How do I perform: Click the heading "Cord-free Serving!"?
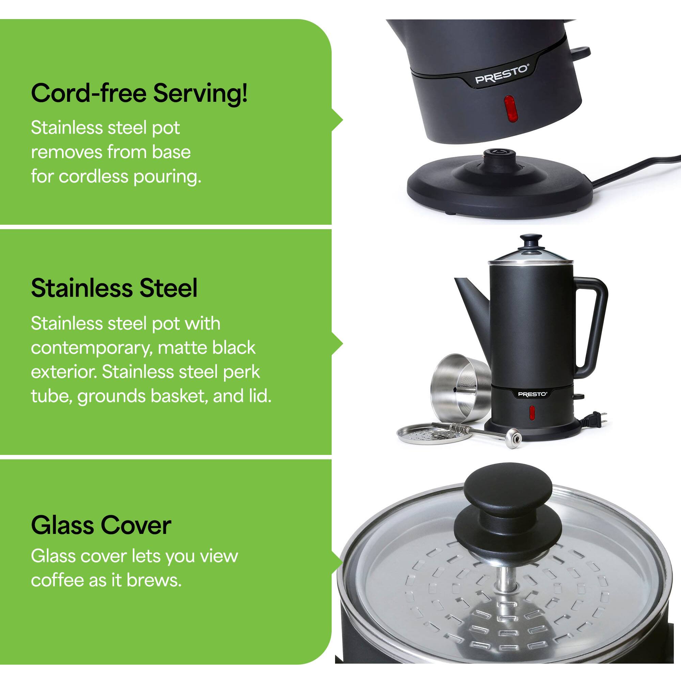[x=139, y=93]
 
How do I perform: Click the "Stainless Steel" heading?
[x=114, y=288]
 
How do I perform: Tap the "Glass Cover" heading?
[x=101, y=525]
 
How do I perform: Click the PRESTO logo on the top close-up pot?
[x=502, y=75]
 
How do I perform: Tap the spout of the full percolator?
[x=471, y=300]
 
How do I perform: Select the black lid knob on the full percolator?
[x=532, y=240]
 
